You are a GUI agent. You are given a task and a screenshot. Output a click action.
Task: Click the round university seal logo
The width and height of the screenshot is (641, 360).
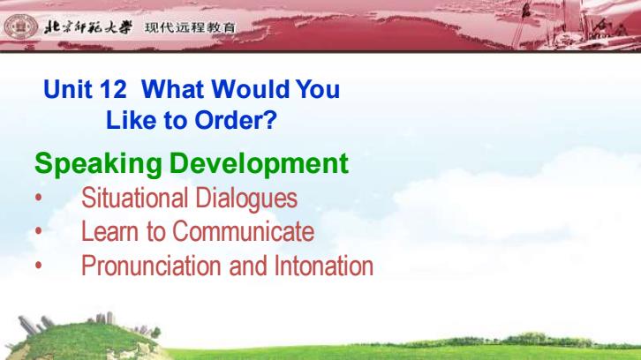coord(20,26)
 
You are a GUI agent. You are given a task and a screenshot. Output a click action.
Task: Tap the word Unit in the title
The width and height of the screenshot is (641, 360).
coord(67,89)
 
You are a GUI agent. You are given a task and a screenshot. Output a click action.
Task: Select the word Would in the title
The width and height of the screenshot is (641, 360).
coord(250,89)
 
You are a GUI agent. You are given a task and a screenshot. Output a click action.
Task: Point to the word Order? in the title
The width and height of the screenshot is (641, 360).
coord(236,120)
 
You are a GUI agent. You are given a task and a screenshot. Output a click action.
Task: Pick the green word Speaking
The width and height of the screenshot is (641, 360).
coord(99,164)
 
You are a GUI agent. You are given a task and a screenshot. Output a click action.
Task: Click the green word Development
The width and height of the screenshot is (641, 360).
coord(259,164)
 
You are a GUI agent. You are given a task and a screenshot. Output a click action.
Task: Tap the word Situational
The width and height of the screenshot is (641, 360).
coord(134,198)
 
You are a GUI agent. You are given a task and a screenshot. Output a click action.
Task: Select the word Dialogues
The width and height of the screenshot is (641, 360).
coord(246,199)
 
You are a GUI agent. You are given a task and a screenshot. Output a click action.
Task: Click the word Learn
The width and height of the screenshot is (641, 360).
coord(110,231)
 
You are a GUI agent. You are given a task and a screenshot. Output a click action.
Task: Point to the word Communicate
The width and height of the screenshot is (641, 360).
coord(243,231)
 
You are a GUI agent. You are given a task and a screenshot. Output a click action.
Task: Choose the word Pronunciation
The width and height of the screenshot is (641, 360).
coord(151,266)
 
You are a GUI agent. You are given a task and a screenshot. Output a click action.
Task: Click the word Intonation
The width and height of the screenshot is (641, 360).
coord(323,266)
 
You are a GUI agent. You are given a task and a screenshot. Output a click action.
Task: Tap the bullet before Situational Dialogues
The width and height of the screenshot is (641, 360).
coord(39,198)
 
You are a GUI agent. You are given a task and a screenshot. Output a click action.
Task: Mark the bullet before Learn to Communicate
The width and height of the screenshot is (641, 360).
coord(39,231)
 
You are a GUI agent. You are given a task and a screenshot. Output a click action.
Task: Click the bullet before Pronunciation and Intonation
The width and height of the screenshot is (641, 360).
coord(39,266)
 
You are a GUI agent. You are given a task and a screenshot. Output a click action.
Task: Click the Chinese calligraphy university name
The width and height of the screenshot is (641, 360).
coord(88,27)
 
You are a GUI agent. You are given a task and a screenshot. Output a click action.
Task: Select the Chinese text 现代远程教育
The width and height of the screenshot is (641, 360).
coord(190,27)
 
